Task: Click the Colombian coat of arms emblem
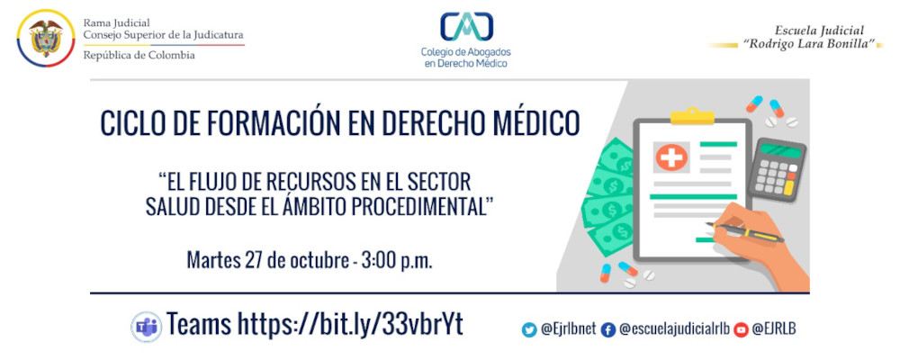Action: tap(46, 38)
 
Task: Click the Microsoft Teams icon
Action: tap(145, 326)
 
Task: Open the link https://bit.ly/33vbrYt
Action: tap(349, 324)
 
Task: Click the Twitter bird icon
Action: tap(529, 329)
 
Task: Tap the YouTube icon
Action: tap(741, 329)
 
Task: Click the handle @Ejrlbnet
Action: tap(566, 329)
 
